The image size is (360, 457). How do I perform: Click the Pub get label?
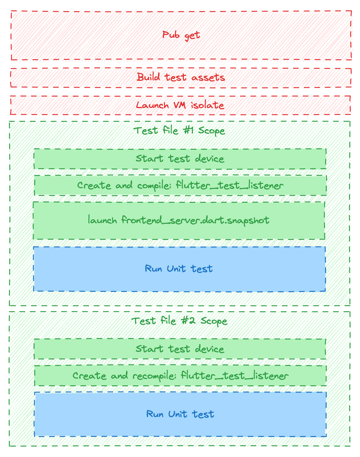(181, 35)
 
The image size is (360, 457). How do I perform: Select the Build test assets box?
(181, 77)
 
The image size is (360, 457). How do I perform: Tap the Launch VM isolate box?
(180, 105)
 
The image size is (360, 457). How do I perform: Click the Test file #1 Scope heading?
(179, 130)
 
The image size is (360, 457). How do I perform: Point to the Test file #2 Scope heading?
(179, 321)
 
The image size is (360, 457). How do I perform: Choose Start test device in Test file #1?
(180, 159)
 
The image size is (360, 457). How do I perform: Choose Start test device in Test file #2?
(180, 349)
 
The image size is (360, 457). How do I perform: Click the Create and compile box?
(180, 185)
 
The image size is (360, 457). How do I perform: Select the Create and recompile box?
(180, 376)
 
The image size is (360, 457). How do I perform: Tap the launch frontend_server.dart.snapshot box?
(179, 220)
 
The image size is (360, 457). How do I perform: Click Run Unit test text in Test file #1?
(179, 268)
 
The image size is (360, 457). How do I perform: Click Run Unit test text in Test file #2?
(180, 414)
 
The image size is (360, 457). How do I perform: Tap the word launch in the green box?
(102, 220)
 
